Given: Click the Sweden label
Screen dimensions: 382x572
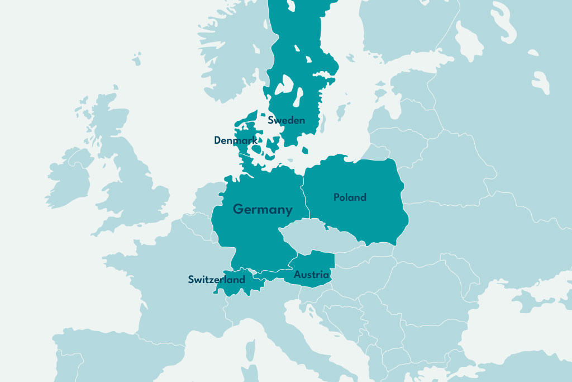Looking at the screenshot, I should (x=286, y=120).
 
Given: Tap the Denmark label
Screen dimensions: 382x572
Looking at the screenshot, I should (x=235, y=140).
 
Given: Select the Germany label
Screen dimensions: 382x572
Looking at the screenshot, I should (x=263, y=210).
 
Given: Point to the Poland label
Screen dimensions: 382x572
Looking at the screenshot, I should (x=350, y=197).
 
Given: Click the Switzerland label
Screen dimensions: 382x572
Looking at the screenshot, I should (x=216, y=279).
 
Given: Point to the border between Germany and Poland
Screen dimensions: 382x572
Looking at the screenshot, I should (x=304, y=196).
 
